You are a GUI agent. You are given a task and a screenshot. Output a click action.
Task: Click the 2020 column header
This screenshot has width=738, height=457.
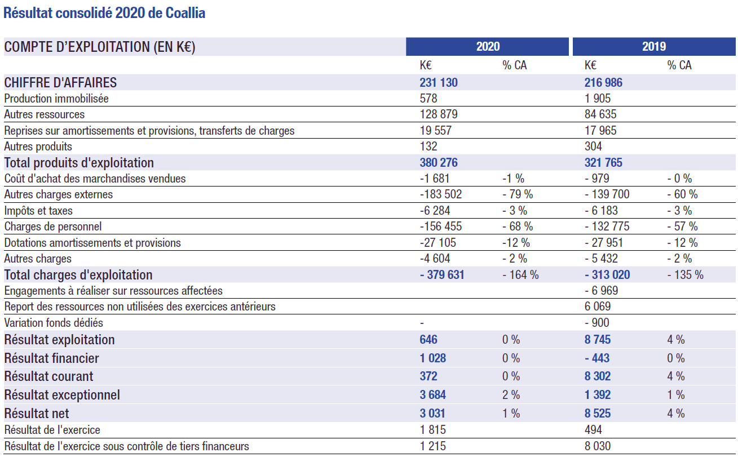tap(487, 46)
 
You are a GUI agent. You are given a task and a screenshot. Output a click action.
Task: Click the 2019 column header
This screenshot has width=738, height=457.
tap(654, 46)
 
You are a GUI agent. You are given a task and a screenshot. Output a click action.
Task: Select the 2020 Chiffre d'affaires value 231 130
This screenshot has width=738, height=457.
tap(439, 82)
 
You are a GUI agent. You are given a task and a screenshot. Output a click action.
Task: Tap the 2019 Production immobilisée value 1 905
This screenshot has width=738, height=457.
tap(597, 99)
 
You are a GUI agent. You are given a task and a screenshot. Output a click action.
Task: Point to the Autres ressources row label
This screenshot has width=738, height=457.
tap(45, 114)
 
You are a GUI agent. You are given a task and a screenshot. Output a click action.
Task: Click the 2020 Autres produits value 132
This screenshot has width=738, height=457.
tap(428, 146)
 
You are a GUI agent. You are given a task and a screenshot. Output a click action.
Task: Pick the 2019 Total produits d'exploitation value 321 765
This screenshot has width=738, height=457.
tap(603, 162)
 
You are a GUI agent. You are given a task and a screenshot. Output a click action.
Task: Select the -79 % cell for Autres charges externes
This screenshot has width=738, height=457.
tap(517, 194)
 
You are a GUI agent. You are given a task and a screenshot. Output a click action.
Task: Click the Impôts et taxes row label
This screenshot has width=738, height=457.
tap(38, 211)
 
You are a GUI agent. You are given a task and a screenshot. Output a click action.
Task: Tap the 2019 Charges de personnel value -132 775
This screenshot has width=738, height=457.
tap(607, 227)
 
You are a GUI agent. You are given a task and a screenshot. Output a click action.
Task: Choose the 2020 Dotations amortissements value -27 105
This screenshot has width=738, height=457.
tap(438, 243)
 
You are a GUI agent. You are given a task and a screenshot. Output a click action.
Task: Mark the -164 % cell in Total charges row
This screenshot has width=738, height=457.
tap(520, 274)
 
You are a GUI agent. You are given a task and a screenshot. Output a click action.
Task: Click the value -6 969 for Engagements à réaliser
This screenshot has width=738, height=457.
tap(601, 290)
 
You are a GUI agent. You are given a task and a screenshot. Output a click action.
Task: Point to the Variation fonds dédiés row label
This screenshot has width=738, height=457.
tap(54, 323)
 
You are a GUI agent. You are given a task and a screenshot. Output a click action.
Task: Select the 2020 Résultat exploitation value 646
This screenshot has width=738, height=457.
tap(428, 339)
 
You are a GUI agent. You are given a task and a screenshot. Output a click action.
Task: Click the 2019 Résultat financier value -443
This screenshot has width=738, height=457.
tap(597, 358)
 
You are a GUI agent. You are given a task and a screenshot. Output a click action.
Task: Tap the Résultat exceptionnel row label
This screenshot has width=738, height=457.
tap(62, 395)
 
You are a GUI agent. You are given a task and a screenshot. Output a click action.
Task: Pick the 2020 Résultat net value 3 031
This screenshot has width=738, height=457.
tap(432, 413)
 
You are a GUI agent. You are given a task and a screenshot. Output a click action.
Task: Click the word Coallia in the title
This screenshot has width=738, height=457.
tap(185, 13)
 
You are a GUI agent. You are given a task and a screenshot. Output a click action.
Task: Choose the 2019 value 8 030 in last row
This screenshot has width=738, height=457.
tap(597, 446)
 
